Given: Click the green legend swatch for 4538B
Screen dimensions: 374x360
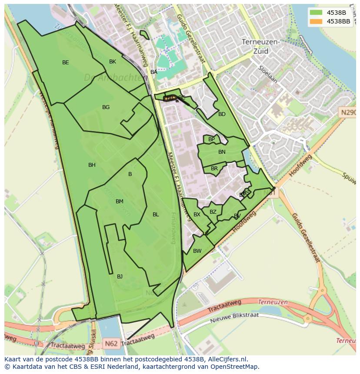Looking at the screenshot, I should pos(317,13).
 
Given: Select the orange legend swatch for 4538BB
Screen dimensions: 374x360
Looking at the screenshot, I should pos(317,21).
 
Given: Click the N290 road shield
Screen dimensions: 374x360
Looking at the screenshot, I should pos(348,113).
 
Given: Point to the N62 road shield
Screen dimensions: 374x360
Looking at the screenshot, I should pos(111,344).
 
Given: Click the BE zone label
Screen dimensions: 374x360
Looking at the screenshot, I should pos(65,63).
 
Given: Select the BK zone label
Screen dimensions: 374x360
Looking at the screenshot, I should pos(113,62).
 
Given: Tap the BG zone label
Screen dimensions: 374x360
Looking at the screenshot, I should pos(106,107).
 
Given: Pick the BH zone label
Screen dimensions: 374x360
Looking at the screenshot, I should pos(92,165).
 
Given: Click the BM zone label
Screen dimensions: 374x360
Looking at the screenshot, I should pos(120,202).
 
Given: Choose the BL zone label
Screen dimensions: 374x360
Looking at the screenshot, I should pos(156,215).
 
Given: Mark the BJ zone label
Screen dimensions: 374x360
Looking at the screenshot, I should pos(120,277).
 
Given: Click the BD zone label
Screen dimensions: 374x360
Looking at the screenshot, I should pos(222,114).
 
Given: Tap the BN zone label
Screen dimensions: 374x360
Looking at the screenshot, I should pos(222,152).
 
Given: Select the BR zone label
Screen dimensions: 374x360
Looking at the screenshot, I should pos(214,169).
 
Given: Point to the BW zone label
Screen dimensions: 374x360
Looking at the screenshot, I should pos(197,251).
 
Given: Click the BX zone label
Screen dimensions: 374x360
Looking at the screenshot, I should pos(197,215).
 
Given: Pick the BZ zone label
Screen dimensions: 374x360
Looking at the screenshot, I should pos(213,212).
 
